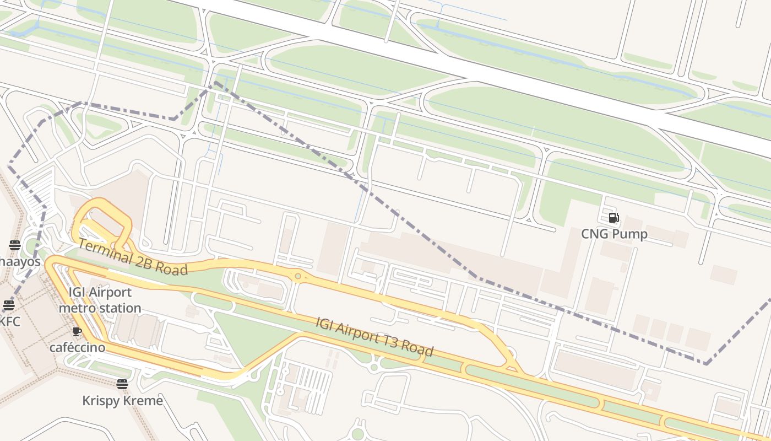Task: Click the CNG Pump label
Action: coord(614,234)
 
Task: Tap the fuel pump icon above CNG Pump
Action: coord(614,218)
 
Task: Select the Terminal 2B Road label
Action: coord(132,256)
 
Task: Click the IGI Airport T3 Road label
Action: coord(374,336)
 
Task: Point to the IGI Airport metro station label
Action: coord(100,300)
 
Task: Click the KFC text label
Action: coord(10,321)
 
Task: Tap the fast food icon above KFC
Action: coord(9,305)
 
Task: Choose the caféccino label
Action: coord(77,347)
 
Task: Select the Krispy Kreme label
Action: coord(122,400)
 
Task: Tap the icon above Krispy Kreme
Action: coord(122,384)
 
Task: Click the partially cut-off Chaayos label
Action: coord(20,261)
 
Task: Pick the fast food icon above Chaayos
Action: coord(15,245)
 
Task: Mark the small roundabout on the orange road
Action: coord(298,276)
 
